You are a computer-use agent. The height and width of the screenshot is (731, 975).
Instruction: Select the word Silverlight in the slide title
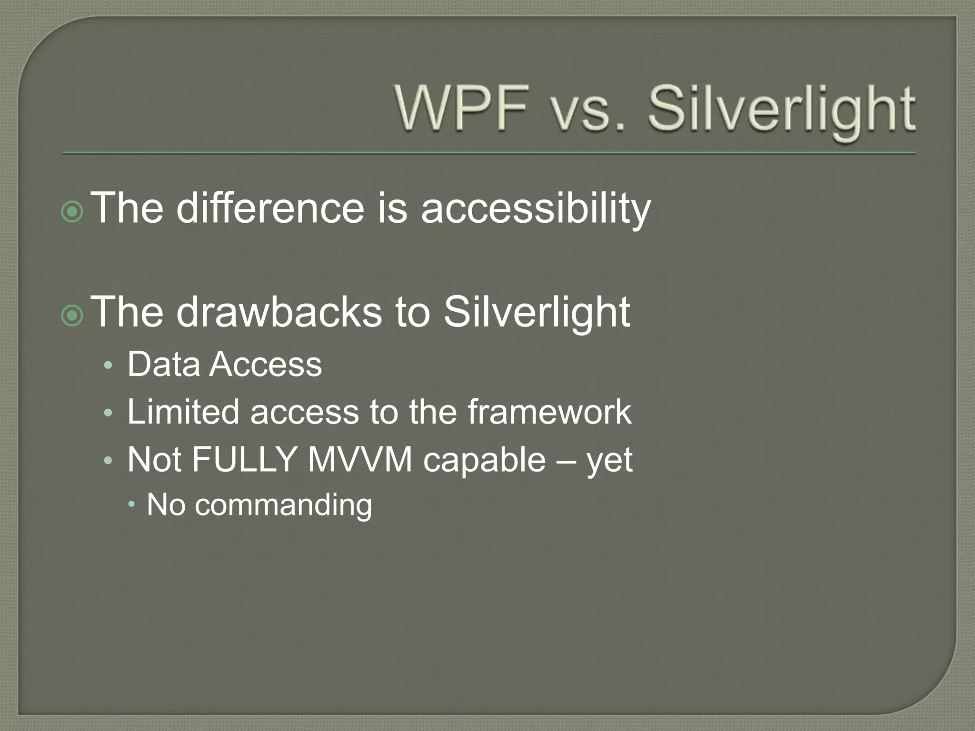pos(781,110)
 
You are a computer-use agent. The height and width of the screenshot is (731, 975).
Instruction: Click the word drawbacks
pos(279,312)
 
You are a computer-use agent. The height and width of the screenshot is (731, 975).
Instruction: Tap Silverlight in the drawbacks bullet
pos(537,313)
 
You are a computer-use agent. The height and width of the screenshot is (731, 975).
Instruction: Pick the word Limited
pos(183,412)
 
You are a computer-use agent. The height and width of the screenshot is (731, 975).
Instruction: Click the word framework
pos(549,412)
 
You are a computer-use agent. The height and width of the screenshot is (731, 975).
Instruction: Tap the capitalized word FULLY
pos(244,460)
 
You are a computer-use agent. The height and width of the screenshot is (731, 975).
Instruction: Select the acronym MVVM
pos(359,460)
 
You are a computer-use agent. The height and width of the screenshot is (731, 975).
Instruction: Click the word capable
pos(484,461)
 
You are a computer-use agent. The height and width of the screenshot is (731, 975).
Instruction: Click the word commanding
pos(283,505)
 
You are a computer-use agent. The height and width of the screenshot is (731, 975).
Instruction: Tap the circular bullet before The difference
pos(72,212)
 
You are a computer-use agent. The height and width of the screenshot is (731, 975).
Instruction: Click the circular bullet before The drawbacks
pos(72,316)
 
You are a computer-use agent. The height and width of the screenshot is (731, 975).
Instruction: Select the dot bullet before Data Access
pos(109,366)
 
